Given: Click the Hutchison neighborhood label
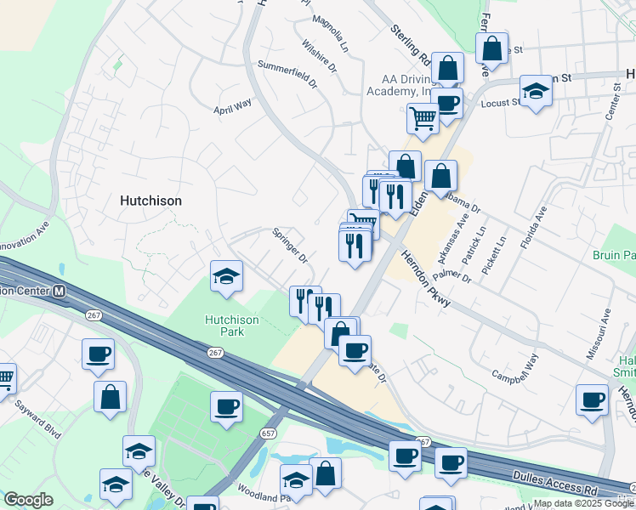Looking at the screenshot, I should (x=150, y=201).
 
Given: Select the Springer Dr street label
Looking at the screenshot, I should (x=289, y=244).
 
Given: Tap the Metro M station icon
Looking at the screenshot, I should (x=60, y=291).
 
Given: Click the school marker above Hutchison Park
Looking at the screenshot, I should (x=226, y=276).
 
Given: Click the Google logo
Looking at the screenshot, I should (x=28, y=500).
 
